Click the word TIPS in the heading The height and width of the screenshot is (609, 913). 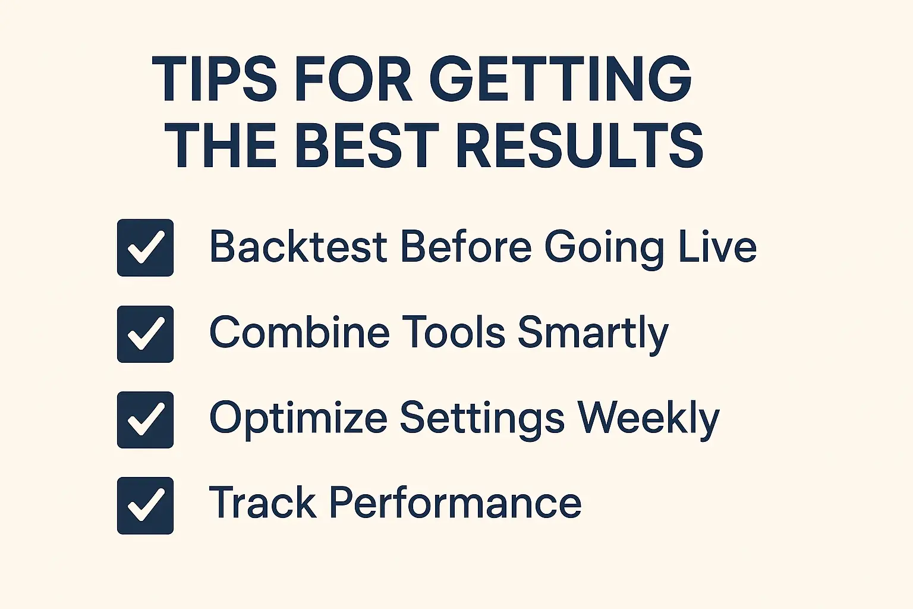[214, 79]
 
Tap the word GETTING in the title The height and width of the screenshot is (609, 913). [560, 79]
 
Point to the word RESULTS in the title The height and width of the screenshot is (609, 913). [580, 146]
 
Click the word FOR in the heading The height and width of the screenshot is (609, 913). [353, 79]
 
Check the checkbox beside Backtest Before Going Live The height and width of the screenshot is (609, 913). [145, 248]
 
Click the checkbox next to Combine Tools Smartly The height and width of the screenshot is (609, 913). [145, 334]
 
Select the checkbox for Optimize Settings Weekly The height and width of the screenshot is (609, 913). [145, 420]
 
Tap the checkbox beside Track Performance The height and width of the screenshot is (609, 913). [145, 506]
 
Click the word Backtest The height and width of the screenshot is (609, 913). [298, 247]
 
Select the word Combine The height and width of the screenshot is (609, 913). [299, 332]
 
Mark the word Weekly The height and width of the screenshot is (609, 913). [648, 419]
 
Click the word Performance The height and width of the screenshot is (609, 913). [455, 504]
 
